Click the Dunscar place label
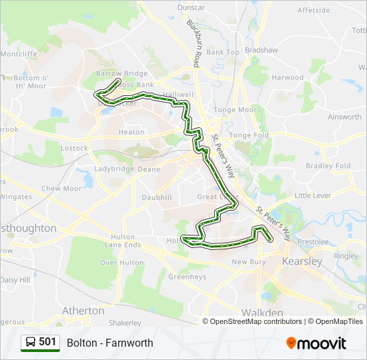click(190, 8)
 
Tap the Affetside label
click(313, 11)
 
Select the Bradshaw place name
click(261, 50)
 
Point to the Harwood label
click(288, 77)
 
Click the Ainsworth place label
click(344, 117)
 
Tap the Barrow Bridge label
click(121, 73)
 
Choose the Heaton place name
click(131, 132)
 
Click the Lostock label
click(74, 148)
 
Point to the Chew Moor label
click(61, 189)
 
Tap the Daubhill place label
click(157, 198)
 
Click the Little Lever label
click(313, 195)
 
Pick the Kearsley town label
click(302, 261)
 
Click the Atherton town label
click(83, 311)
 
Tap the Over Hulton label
click(122, 263)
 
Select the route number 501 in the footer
click(47, 343)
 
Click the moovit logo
click(316, 343)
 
